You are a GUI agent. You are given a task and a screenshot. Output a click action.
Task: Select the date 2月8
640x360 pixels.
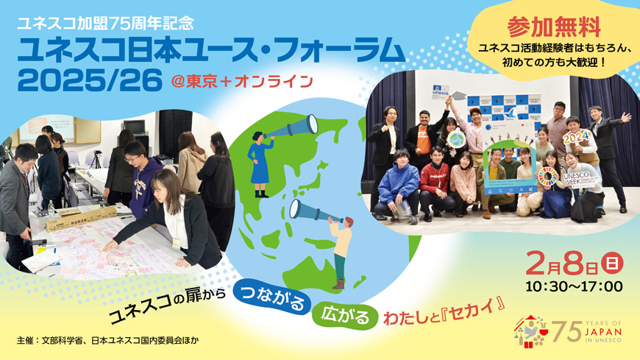point(566,262)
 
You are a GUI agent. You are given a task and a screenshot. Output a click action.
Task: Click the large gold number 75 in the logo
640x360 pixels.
point(567,331)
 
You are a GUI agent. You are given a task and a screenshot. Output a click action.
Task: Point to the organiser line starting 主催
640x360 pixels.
point(107,341)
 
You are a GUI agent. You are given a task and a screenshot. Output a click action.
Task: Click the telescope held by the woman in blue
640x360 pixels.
point(291,129)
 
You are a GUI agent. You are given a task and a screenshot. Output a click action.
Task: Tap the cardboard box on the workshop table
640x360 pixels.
point(81,217)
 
